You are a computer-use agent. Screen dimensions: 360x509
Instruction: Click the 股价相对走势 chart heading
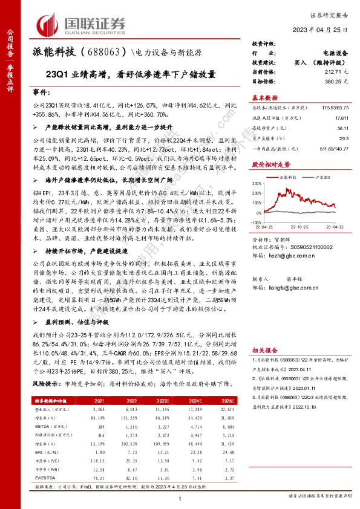click(270, 164)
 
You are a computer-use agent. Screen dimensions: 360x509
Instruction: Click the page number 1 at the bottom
click(180, 497)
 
